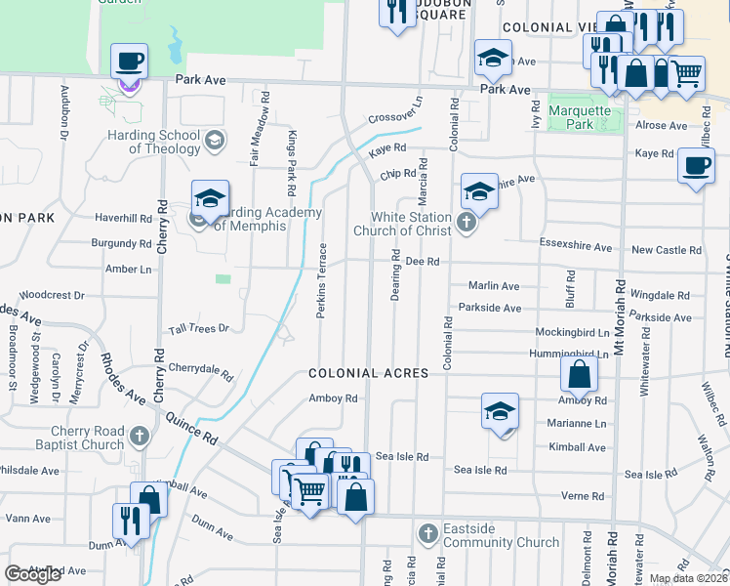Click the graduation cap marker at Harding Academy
pyautogui.click(x=210, y=200)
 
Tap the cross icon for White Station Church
pyautogui.click(x=466, y=224)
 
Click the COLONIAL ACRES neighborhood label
pyautogui.click(x=388, y=374)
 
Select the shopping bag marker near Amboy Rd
pyautogui.click(x=580, y=375)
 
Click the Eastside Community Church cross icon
pyautogui.click(x=426, y=534)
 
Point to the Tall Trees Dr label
pyautogui.click(x=198, y=329)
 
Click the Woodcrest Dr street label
pyautogui.click(x=52, y=294)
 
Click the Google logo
pyautogui.click(x=33, y=574)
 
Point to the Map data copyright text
pyautogui.click(x=688, y=578)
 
